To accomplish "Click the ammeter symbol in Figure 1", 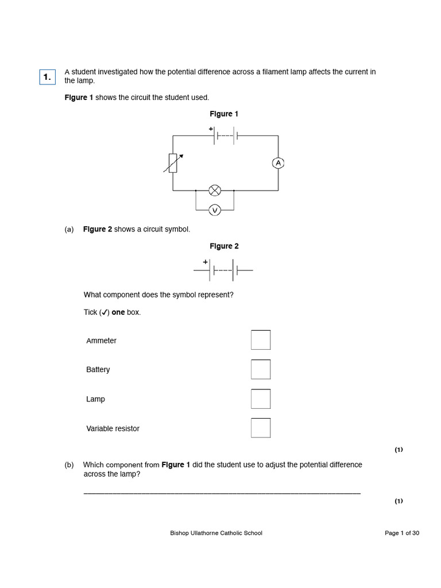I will click(x=278, y=163).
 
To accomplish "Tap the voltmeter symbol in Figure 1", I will click(x=215, y=211).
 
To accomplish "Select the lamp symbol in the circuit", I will click(x=215, y=190).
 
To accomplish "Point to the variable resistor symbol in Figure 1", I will click(x=173, y=163).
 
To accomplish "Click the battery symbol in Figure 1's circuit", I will click(x=225, y=136).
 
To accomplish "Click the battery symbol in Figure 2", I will click(x=223, y=269).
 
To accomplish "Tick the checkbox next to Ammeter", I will click(x=260, y=340).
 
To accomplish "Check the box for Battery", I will click(x=260, y=369).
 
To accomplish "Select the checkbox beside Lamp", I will click(x=260, y=399).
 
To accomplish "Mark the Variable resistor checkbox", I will click(x=260, y=428).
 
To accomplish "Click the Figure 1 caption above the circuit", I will click(x=224, y=114).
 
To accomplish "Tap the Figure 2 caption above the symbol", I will click(x=224, y=246).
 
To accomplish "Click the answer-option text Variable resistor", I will click(x=113, y=428).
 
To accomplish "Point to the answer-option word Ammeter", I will click(x=101, y=341).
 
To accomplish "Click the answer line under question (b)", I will click(x=222, y=493).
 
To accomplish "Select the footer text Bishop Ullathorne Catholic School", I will click(x=216, y=533).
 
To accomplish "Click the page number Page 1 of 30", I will click(x=401, y=533).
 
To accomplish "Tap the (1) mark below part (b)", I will click(x=399, y=501).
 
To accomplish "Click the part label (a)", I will click(x=69, y=229).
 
